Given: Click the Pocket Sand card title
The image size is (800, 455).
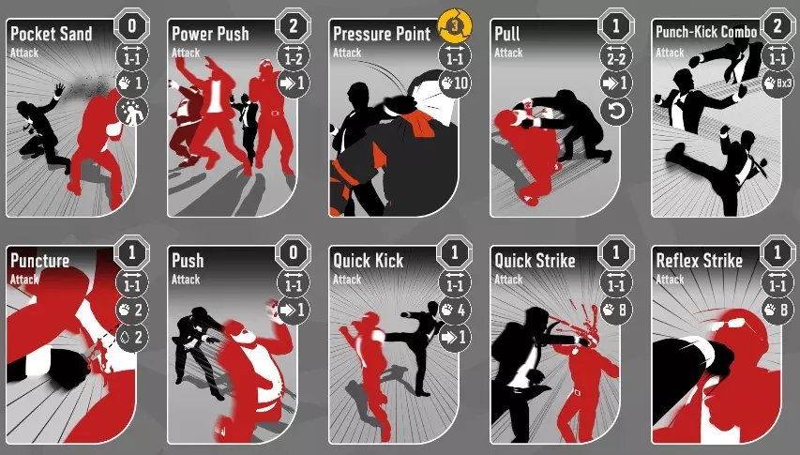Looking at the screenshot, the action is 51,34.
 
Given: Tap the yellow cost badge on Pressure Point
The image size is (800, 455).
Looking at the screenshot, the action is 455,25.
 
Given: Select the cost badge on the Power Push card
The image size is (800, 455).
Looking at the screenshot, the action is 294,25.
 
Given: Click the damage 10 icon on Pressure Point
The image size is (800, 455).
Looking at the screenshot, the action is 455,83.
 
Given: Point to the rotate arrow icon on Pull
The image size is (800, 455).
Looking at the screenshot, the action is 616,111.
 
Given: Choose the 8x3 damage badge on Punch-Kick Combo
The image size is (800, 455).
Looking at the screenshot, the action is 777,83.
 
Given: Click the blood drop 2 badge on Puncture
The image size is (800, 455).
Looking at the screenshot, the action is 132,337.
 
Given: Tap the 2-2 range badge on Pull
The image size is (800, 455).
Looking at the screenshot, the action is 616,55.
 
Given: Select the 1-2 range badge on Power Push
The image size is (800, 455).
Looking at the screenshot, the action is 294,55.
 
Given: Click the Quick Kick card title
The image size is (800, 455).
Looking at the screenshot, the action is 368,261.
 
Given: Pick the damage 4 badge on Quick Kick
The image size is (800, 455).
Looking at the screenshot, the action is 455,309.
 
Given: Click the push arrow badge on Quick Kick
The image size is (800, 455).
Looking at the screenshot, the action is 455,337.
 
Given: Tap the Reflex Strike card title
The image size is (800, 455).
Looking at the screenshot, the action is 699,261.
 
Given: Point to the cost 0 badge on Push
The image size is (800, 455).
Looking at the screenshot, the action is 294,252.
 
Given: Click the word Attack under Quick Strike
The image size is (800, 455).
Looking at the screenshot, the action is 508,280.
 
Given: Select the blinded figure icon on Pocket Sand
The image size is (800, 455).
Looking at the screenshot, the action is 132,111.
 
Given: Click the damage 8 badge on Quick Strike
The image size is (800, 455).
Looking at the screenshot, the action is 616,309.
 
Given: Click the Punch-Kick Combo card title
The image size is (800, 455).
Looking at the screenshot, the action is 706,32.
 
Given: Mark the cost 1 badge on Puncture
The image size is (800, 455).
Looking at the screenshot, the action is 132,252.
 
